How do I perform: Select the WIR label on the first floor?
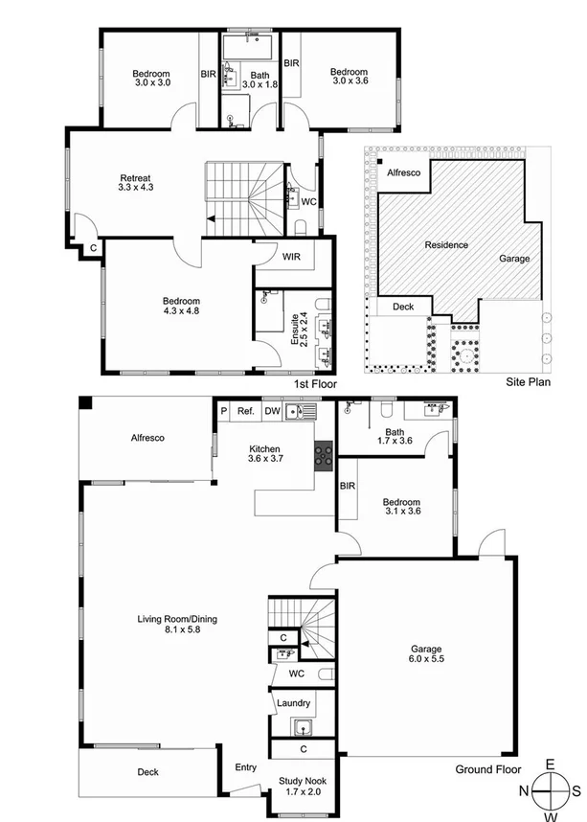pos(292,256)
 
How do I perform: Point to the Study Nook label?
pos(303,781)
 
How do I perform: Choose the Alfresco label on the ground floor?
pos(147,438)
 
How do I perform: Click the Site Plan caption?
pos(527,381)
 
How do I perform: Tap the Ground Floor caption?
pos(488,769)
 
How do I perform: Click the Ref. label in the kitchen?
pos(246,411)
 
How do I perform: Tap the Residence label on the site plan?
pos(446,245)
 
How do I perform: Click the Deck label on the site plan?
pos(403,308)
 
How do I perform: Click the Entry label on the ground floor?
pos(246,766)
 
